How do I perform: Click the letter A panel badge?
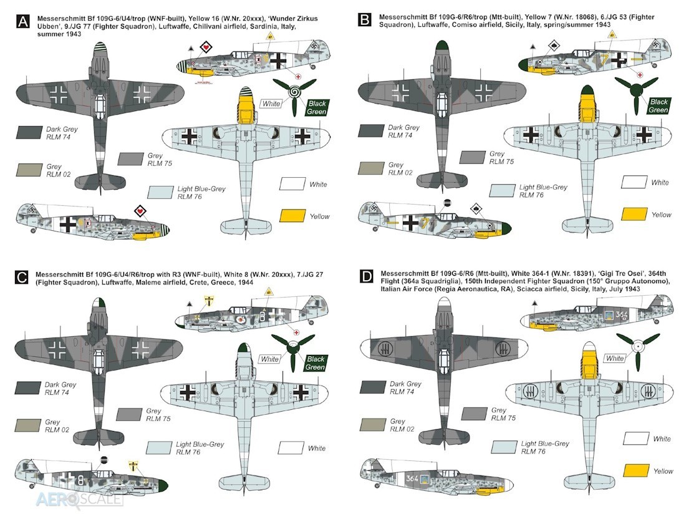[x=22, y=21]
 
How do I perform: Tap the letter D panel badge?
[x=365, y=276]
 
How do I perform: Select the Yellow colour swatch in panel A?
[x=292, y=216]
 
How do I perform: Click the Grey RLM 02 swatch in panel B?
[x=371, y=168]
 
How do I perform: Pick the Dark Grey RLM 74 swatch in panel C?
[x=28, y=387]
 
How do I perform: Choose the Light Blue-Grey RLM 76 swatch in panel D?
[x=504, y=447]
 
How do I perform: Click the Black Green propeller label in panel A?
[x=317, y=108]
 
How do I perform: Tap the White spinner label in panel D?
[x=615, y=358]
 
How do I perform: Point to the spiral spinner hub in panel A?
[x=294, y=92]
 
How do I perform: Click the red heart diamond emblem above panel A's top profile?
[x=206, y=47]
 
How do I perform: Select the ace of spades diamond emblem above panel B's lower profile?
[x=476, y=209]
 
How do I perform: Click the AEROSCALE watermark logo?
[x=79, y=498]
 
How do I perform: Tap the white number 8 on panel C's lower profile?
[x=80, y=480]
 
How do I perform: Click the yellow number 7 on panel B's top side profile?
[x=605, y=59]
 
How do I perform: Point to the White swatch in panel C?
[x=291, y=447]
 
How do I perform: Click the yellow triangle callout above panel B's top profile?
[x=612, y=34]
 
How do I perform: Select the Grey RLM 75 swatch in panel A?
[x=131, y=159]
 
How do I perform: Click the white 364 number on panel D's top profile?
[x=622, y=314]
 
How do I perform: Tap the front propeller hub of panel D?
[x=638, y=346]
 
